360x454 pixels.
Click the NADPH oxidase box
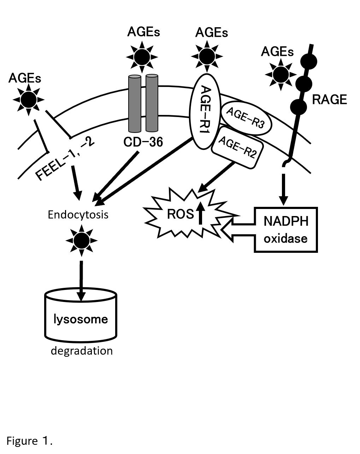click(286, 229)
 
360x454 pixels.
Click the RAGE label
click(329, 100)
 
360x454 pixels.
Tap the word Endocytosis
click(78, 215)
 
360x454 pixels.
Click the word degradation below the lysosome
click(82, 351)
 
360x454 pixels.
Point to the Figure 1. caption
click(30, 441)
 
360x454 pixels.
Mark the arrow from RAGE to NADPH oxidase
click(283, 187)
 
